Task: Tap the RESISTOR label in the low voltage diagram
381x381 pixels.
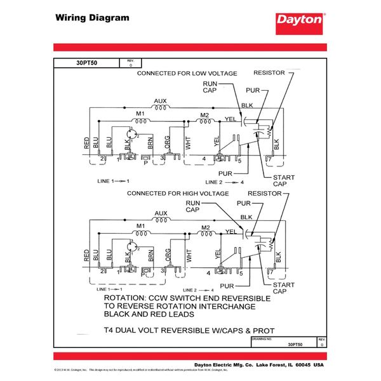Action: click(x=271, y=73)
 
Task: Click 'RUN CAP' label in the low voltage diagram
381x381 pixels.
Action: click(x=211, y=87)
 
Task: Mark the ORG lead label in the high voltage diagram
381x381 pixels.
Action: click(x=168, y=257)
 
